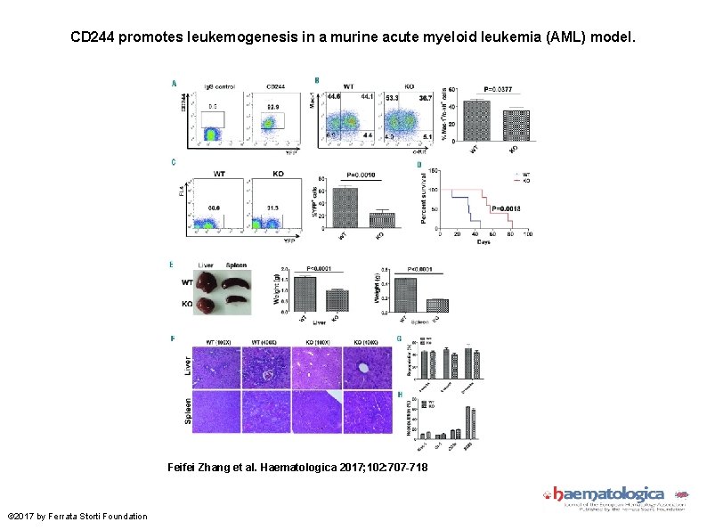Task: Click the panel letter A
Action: (174, 83)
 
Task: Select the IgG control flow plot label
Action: (220, 86)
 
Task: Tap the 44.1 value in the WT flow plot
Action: (367, 95)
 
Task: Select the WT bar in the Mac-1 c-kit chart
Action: (477, 121)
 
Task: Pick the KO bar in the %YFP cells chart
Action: (381, 219)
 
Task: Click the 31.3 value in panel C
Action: (272, 208)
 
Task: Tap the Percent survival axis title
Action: (422, 198)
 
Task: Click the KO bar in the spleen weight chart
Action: (436, 305)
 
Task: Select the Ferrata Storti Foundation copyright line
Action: (77, 517)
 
